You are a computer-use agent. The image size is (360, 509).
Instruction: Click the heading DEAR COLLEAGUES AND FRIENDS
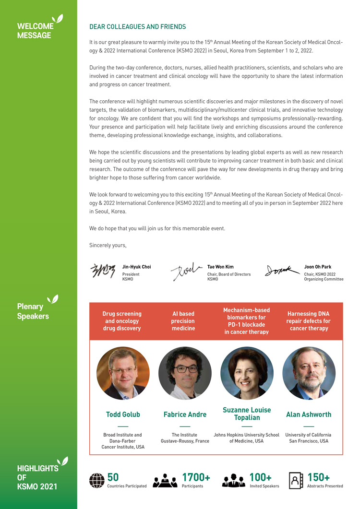(137, 27)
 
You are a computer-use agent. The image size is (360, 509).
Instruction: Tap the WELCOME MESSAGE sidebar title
(35, 31)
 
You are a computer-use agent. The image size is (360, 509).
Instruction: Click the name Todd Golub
(123, 414)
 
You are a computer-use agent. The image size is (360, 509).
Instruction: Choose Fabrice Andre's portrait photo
(185, 373)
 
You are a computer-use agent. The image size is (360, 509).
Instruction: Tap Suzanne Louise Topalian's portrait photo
(247, 373)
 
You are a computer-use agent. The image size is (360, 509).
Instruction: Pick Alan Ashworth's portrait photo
(309, 373)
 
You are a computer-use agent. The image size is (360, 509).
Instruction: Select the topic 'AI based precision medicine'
(183, 321)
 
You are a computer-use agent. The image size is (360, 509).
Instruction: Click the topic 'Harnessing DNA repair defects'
(309, 321)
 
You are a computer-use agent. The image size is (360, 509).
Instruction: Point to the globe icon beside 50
(97, 480)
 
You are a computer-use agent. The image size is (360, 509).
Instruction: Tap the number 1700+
(196, 477)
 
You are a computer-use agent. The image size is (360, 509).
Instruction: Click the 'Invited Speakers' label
(264, 486)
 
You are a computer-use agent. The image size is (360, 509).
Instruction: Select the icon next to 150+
(296, 480)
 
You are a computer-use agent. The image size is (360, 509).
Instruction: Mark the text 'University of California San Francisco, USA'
(309, 438)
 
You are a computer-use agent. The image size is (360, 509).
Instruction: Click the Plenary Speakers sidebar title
(33, 311)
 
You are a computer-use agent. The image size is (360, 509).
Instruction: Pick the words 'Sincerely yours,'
(108, 245)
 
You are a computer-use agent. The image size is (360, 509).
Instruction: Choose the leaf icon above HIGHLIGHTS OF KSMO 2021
(62, 461)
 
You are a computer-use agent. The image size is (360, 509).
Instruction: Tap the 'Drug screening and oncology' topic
(122, 321)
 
